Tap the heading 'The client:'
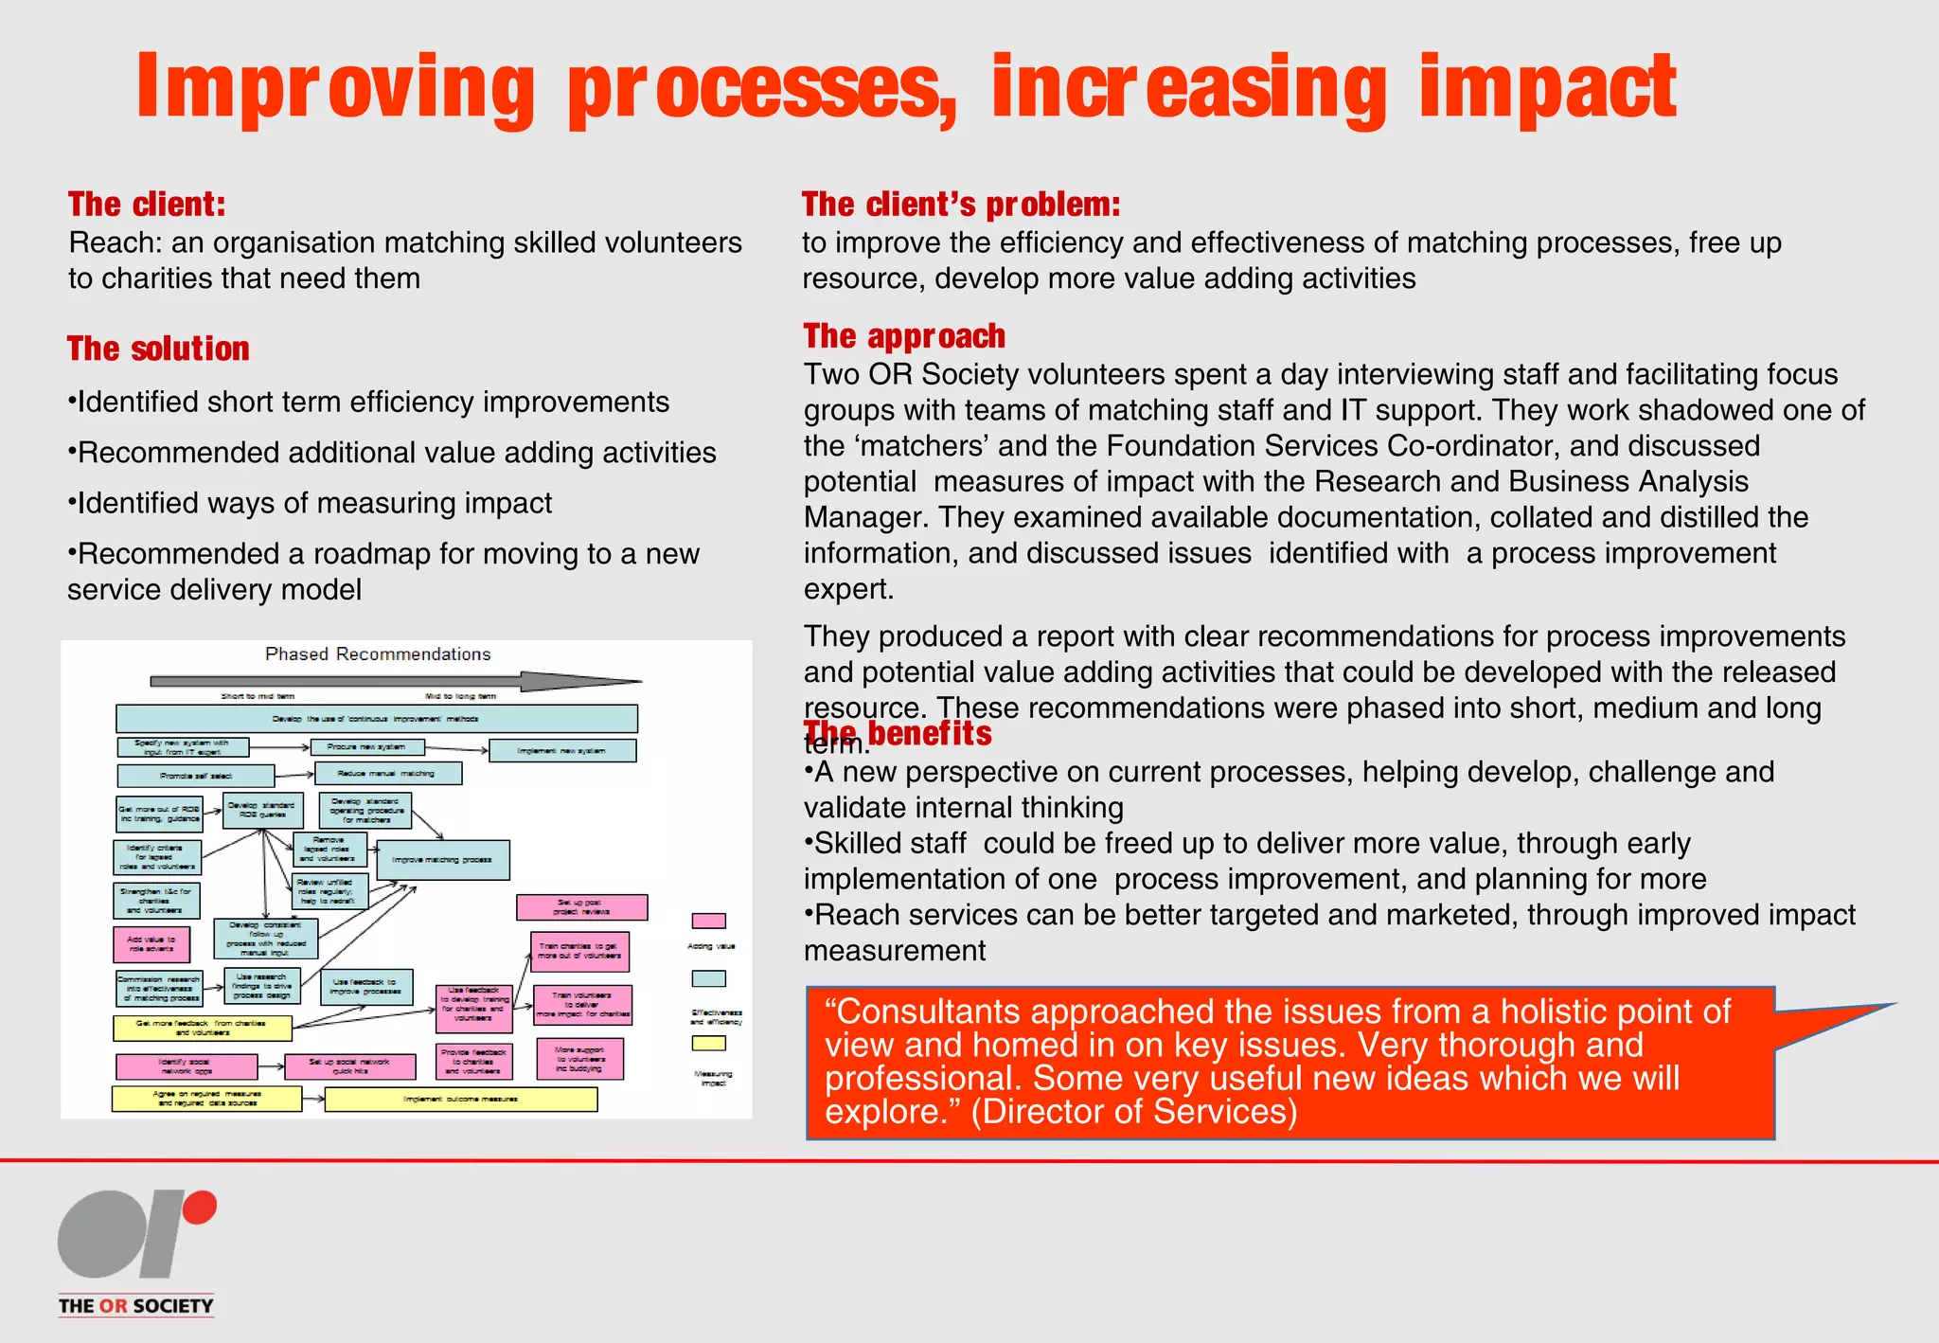[x=147, y=205]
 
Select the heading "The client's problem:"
[x=960, y=205]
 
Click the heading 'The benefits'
[x=897, y=734]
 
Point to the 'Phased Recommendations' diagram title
[x=378, y=654]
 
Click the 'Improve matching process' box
[x=442, y=860]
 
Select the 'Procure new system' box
[x=367, y=747]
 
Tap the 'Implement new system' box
[x=561, y=751]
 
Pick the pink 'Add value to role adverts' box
[x=151, y=943]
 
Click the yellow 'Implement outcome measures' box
[x=461, y=1100]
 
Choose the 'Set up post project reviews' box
[x=581, y=907]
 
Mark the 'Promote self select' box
[x=196, y=777]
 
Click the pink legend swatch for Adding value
[x=708, y=921]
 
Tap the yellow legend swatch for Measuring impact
[x=708, y=1043]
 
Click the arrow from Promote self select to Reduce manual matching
[x=294, y=776]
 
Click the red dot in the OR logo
[x=199, y=1209]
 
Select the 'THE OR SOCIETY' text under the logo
[x=135, y=1306]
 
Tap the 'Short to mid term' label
[x=258, y=696]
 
